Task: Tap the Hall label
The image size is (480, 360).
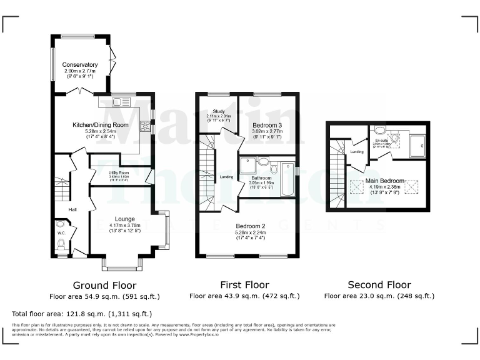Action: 72,209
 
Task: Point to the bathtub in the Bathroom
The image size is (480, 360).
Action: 287,178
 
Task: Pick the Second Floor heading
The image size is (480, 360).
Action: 379,284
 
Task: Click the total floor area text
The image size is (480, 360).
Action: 81,314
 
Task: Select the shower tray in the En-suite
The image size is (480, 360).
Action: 417,145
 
